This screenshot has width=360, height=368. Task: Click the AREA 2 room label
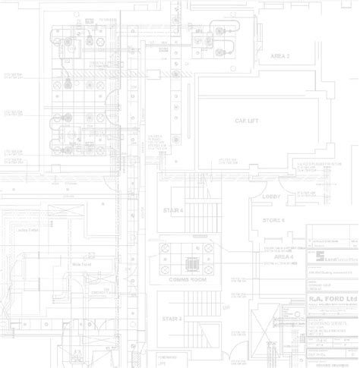pyautogui.click(x=281, y=56)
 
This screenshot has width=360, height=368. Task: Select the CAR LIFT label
pyautogui.click(x=249, y=121)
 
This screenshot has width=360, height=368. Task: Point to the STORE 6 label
pyautogui.click(x=273, y=219)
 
